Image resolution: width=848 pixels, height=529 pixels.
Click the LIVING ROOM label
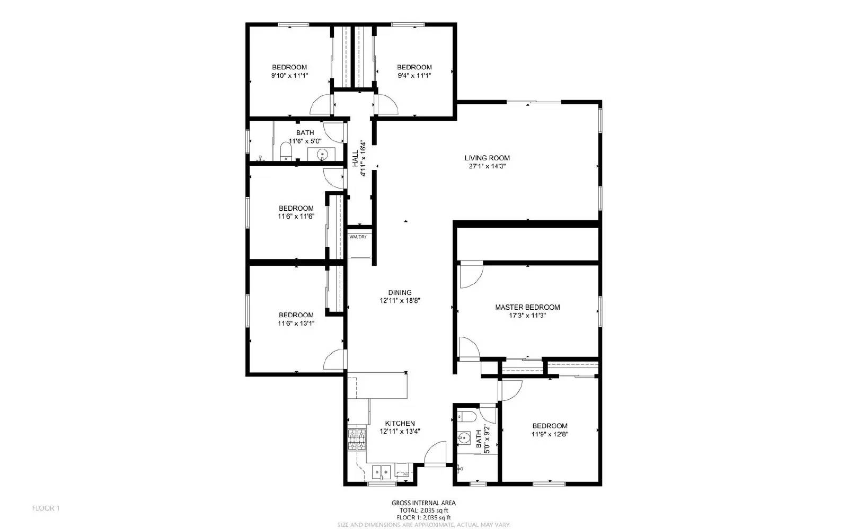(487, 158)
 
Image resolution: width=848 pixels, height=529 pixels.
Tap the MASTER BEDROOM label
(527, 307)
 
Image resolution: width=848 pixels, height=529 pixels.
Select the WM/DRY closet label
(358, 237)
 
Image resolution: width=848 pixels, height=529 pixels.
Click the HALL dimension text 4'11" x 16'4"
(363, 158)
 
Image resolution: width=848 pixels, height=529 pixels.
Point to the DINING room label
(400, 292)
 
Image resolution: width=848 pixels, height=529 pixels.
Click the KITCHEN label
(400, 423)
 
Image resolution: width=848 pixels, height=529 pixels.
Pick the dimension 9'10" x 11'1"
(289, 76)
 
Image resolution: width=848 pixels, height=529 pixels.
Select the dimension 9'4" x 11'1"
(414, 76)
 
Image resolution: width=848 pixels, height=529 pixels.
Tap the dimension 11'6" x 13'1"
(296, 323)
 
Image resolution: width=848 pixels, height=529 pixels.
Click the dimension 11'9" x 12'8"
(550, 434)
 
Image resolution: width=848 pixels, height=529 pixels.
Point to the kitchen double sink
(381, 471)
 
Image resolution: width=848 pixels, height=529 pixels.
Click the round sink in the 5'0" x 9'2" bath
(464, 438)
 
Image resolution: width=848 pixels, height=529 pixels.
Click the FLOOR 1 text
(46, 508)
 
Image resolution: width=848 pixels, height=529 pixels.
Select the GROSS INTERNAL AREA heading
(423, 503)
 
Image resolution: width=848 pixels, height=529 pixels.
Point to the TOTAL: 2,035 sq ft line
(423, 510)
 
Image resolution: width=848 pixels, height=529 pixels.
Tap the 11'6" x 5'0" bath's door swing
(334, 131)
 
